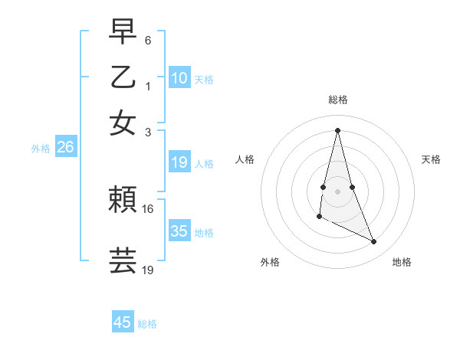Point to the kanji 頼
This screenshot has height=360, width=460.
pos(123,201)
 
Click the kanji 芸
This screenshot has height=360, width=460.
pos(123,260)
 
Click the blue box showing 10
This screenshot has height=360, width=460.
pos(179,78)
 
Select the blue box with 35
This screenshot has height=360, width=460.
pos(179,231)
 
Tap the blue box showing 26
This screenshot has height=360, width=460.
pos(65,148)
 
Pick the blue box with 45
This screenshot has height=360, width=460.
pos(123,322)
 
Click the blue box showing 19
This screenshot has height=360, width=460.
pos(179,162)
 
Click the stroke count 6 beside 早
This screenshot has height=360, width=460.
pos(148,39)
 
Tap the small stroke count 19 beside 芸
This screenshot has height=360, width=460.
pos(148,270)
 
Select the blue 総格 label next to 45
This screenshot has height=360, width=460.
pos(148,324)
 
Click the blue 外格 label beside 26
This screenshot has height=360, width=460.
pos(41,149)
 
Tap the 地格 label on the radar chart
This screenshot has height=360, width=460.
pos(402,262)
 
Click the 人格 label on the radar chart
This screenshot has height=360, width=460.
pos(245,159)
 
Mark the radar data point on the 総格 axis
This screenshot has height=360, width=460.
pos(337,130)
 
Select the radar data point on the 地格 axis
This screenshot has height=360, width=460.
pos(374,242)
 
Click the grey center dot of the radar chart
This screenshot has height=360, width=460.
pos(337,190)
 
